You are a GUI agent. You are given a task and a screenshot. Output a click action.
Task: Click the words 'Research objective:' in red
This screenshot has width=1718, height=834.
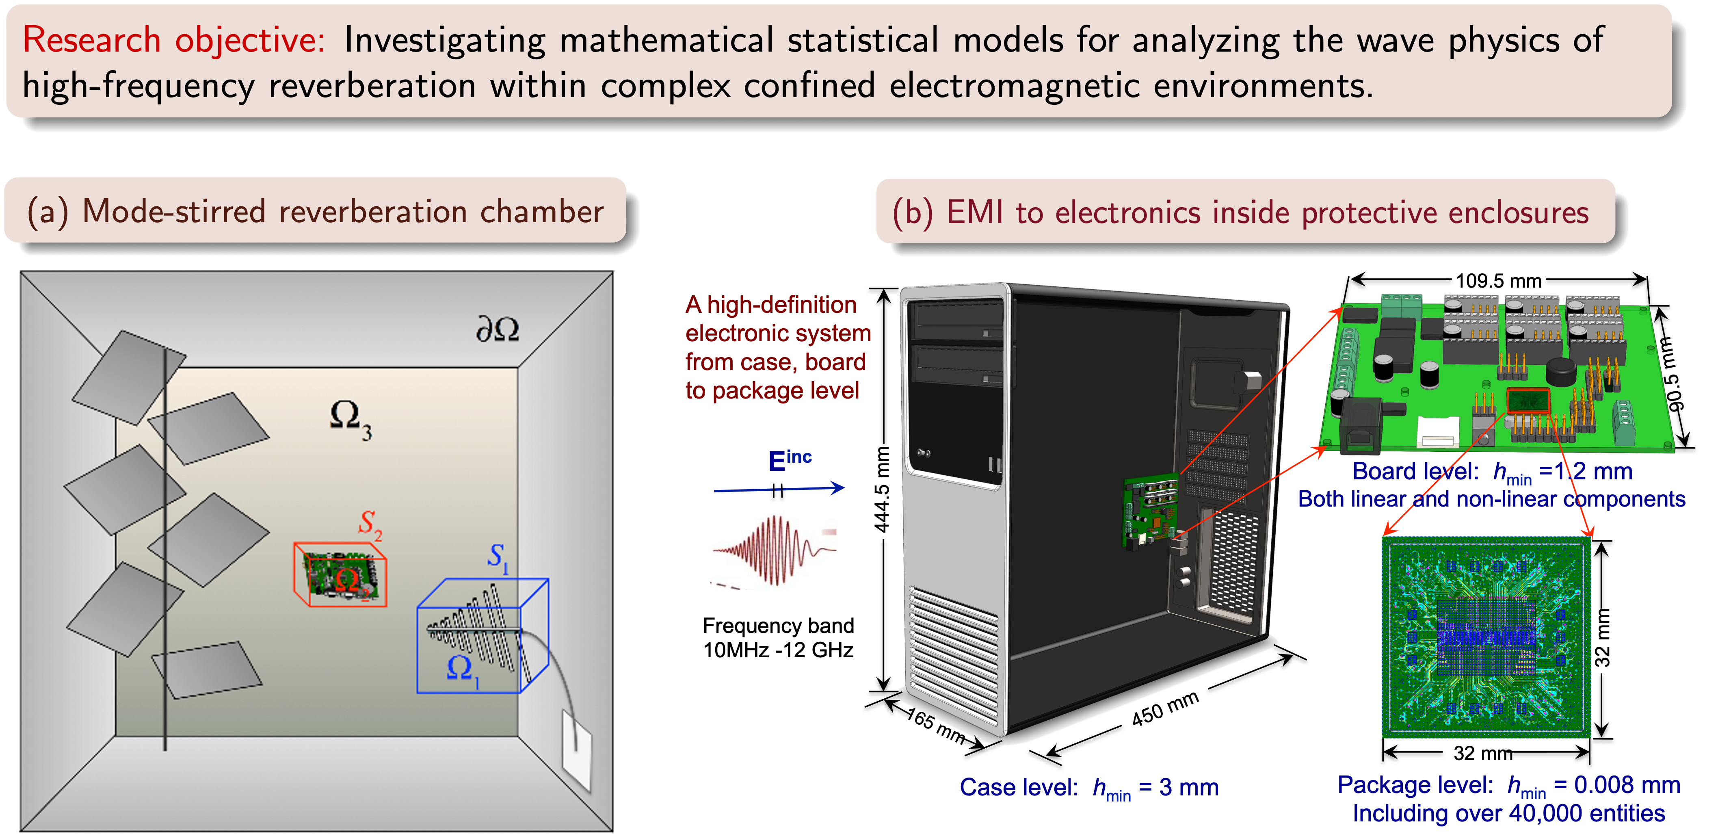173,40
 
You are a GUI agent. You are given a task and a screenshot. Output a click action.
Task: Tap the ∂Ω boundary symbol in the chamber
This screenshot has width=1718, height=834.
497,329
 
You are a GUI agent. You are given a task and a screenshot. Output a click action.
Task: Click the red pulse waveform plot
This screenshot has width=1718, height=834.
772,551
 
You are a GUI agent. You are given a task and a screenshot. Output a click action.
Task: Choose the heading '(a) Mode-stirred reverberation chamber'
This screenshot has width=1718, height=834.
315,212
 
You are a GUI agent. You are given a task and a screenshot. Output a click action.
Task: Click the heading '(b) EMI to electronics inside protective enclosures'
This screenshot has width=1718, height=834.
1240,213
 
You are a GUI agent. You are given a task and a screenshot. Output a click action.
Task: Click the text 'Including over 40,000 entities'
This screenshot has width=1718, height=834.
1508,813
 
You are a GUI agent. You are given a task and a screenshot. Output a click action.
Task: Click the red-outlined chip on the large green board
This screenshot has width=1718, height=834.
1528,401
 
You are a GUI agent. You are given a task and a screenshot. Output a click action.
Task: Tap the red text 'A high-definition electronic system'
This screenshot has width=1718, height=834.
777,319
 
